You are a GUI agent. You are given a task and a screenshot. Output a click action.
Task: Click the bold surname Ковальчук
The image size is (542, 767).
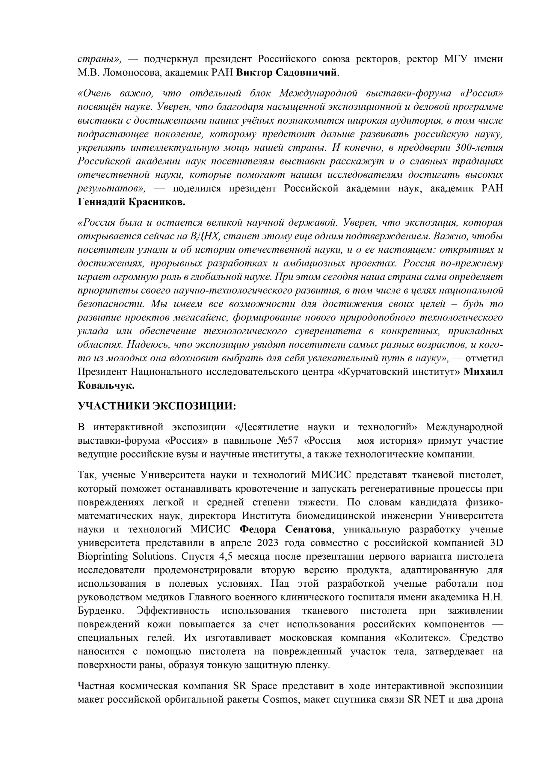[x=106, y=386]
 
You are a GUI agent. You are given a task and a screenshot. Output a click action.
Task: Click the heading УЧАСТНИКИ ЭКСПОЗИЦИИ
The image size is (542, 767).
[x=157, y=406]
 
